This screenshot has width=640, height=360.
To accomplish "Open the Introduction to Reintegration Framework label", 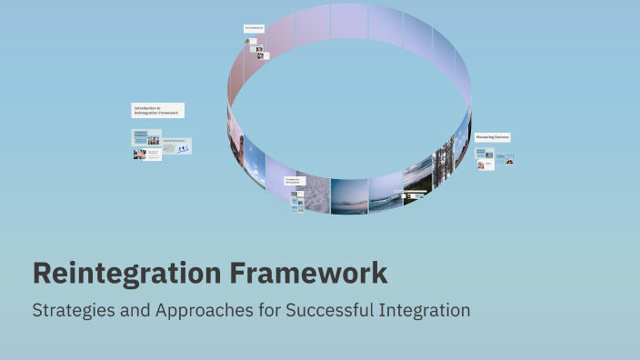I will [x=157, y=110].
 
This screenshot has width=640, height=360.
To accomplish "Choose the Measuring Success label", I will [x=492, y=137].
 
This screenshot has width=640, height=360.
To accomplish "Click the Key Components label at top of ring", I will [x=254, y=28].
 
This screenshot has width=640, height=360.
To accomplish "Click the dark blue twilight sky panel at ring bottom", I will [x=349, y=195].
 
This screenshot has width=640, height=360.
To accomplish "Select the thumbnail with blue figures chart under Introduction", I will [x=177, y=146].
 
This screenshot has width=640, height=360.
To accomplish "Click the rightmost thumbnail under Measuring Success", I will [x=509, y=161].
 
